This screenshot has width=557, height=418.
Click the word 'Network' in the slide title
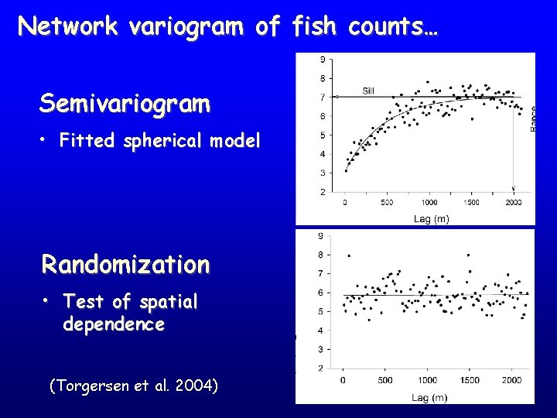pos(67,27)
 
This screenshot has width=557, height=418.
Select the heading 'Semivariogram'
pos(125,104)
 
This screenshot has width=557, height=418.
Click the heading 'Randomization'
pos(125,265)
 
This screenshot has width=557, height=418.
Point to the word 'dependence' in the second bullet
pos(114,324)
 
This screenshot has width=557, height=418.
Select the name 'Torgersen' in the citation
pos(91,385)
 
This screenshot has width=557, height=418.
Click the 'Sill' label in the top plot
pos(369,90)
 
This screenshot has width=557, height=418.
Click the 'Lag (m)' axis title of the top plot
pos(431,219)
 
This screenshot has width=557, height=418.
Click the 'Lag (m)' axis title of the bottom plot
pos(429,398)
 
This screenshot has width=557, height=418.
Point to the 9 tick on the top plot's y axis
pos(322,60)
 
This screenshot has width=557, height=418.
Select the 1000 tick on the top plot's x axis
pos(429,203)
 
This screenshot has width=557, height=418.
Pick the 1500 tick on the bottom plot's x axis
pos(470,380)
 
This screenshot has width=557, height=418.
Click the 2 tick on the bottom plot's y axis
pos(320,368)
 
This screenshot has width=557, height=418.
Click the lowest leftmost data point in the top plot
pos(345,170)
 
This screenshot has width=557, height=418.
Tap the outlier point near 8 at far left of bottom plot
pos(349,255)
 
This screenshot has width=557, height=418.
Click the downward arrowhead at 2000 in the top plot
pos(514,189)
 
